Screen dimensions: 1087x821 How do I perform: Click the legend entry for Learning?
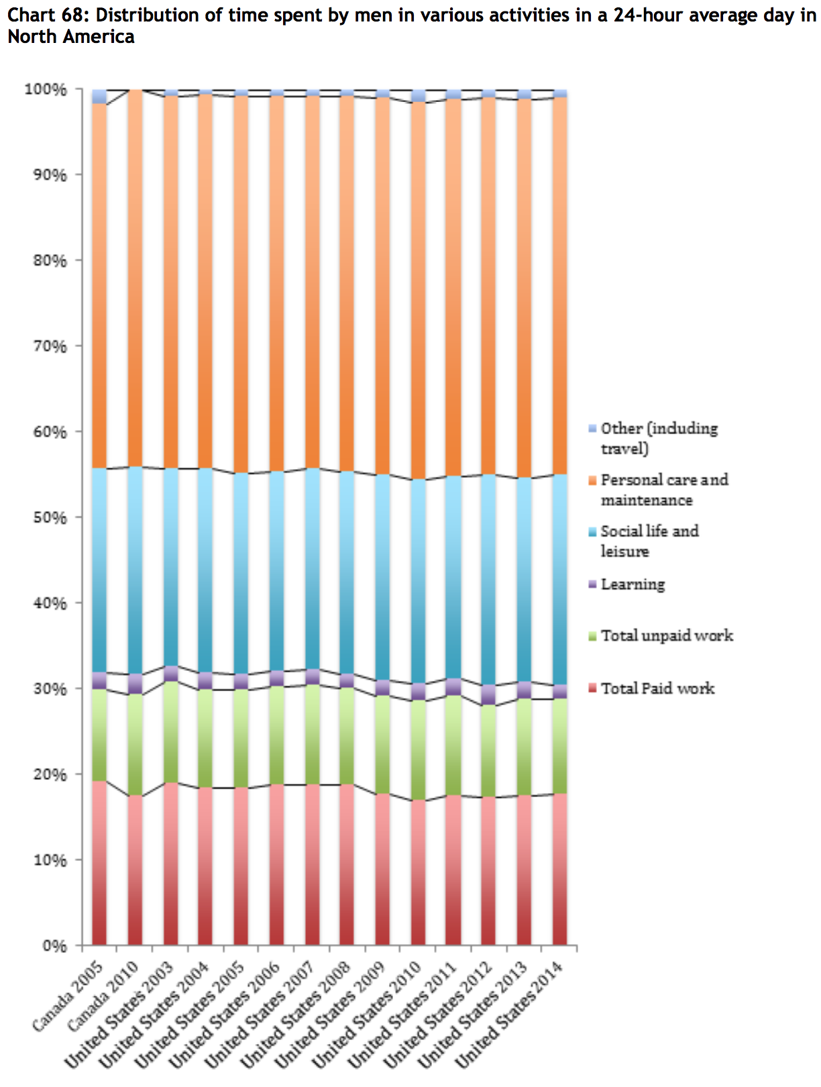[x=633, y=584]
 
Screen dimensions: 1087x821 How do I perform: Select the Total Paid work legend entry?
[x=657, y=688]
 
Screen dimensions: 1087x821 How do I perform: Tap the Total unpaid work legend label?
[x=667, y=635]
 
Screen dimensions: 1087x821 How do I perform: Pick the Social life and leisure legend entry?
[x=649, y=541]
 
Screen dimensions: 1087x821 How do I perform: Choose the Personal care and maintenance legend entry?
[x=663, y=490]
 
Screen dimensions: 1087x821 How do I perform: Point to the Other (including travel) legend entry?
[x=658, y=438]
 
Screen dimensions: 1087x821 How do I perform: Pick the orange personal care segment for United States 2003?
[x=170, y=282]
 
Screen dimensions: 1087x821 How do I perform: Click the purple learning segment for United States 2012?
[x=488, y=694]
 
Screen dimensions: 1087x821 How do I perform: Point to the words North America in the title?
[x=70, y=37]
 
